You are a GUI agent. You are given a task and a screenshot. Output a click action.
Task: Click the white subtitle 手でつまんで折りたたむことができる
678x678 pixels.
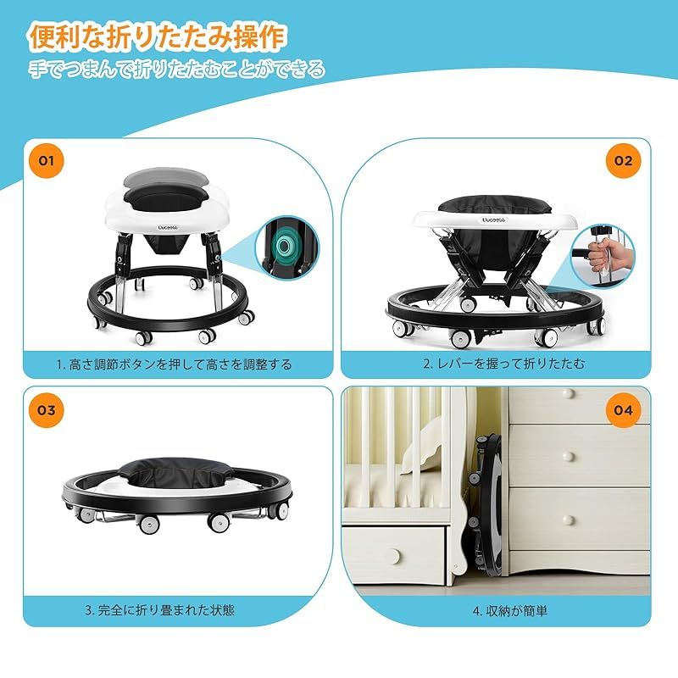[177, 69]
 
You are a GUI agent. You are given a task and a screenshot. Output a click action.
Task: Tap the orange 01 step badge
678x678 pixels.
[47, 160]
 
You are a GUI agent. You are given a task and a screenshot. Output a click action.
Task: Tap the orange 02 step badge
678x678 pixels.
[623, 160]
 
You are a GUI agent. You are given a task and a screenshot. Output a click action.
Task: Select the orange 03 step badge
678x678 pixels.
[47, 410]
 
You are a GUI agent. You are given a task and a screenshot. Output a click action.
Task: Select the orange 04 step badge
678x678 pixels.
[623, 410]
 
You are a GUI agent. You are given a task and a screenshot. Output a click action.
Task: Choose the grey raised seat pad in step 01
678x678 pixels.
[166, 179]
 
